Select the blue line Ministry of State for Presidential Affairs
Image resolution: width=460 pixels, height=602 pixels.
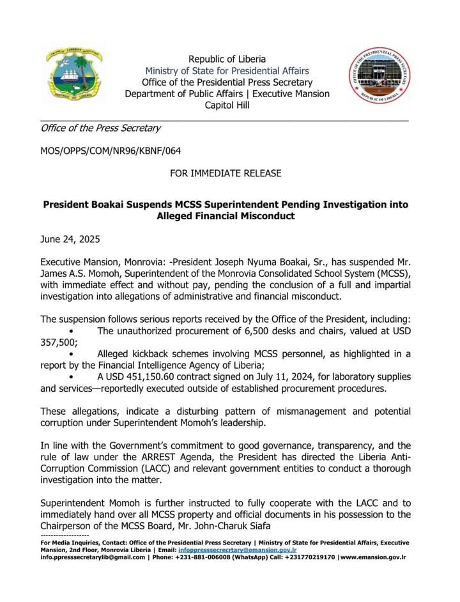227,71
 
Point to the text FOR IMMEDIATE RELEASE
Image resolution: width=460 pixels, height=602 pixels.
226,173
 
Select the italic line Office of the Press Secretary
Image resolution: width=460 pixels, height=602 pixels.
100,128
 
